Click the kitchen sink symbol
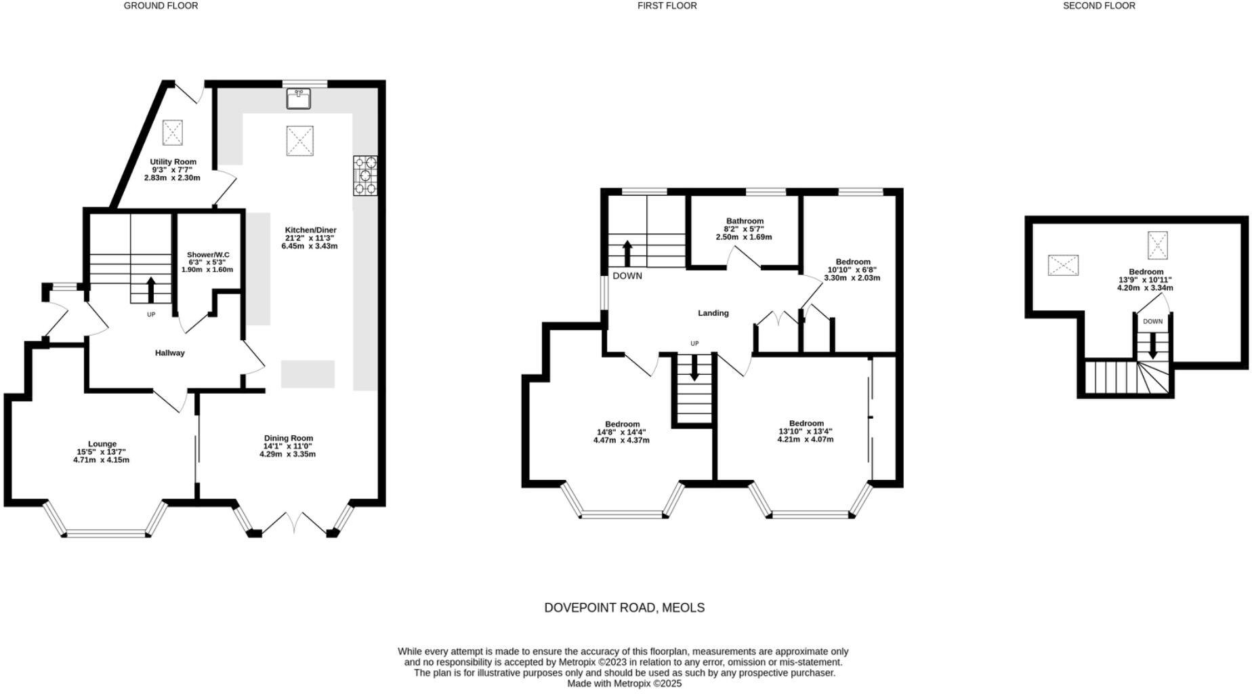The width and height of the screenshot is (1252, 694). [298, 99]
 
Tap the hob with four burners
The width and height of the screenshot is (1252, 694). [365, 176]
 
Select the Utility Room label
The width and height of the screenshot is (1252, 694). [173, 162]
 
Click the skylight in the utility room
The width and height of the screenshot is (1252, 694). [173, 132]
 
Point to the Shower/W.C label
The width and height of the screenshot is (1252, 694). [208, 255]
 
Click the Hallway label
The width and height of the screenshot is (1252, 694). [169, 353]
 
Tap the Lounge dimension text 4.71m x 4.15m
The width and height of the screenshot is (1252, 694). [101, 460]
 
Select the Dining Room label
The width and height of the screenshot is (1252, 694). [289, 438]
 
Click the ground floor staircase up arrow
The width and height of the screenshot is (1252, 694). [150, 289]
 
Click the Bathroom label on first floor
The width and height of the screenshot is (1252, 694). [745, 221]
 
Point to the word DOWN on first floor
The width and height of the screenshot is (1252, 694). [627, 276]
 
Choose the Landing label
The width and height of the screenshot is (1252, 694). [713, 313]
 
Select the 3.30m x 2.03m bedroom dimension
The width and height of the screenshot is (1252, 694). [852, 278]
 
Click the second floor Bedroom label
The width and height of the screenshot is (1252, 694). [1146, 272]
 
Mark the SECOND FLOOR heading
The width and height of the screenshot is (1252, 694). [1099, 6]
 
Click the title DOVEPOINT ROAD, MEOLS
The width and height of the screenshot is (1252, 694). [624, 608]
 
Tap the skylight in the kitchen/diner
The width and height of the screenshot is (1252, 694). [299, 141]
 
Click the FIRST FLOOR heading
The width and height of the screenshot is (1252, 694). [667, 6]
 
